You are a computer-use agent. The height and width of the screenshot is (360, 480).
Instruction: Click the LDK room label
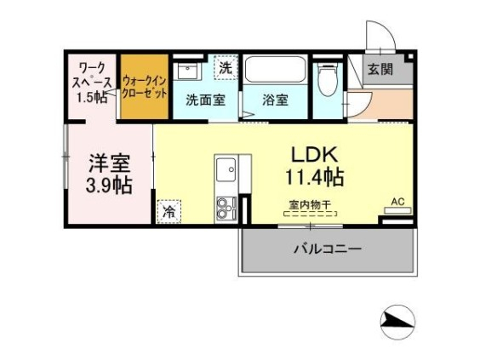(x=316, y=155)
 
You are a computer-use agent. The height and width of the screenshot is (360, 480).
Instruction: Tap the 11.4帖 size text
(x=315, y=178)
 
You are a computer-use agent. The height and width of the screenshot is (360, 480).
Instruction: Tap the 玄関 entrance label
(x=380, y=69)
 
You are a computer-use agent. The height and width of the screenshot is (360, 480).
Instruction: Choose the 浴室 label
(x=276, y=99)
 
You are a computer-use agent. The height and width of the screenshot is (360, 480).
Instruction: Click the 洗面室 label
(x=204, y=99)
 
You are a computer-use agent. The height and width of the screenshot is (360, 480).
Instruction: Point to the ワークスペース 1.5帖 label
(x=92, y=81)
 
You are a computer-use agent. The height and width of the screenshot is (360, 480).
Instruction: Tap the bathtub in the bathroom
(x=274, y=70)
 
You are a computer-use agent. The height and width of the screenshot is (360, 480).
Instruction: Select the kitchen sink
(x=227, y=171)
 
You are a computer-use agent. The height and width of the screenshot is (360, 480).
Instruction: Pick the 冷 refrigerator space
(x=169, y=210)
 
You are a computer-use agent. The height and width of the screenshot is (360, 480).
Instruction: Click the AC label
(x=397, y=202)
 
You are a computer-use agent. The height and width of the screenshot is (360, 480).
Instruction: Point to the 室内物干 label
(x=310, y=205)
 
